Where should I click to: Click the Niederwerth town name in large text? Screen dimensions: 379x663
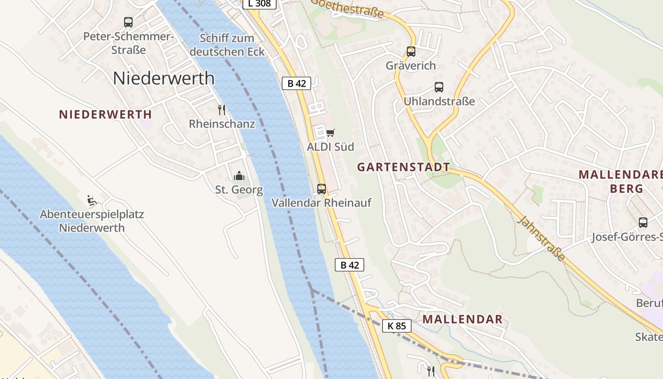point(163,78)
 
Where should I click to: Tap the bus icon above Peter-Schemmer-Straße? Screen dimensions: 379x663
point(128,22)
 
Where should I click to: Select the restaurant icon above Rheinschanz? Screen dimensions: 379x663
point(222,110)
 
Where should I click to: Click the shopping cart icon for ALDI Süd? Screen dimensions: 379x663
point(330,133)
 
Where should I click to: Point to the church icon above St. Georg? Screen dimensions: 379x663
point(239,176)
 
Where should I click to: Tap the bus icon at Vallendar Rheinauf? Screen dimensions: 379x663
point(322,189)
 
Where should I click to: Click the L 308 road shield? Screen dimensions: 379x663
point(259,4)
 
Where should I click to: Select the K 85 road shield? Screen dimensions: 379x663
point(396,326)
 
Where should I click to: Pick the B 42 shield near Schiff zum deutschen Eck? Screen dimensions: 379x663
point(296,83)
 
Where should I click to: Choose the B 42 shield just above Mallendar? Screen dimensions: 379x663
point(349,265)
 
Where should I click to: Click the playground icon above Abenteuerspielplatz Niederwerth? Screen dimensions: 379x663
point(92,200)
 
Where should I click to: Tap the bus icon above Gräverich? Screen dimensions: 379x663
point(411,51)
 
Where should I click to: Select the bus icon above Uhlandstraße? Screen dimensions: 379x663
point(439,87)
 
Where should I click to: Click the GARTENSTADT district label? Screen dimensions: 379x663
point(403,167)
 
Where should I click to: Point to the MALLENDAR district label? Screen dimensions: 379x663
point(462,319)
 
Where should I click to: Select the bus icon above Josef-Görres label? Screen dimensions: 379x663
point(643,223)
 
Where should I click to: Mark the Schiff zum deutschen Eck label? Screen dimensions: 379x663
point(227,45)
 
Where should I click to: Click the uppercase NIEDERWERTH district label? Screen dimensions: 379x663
point(105,114)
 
